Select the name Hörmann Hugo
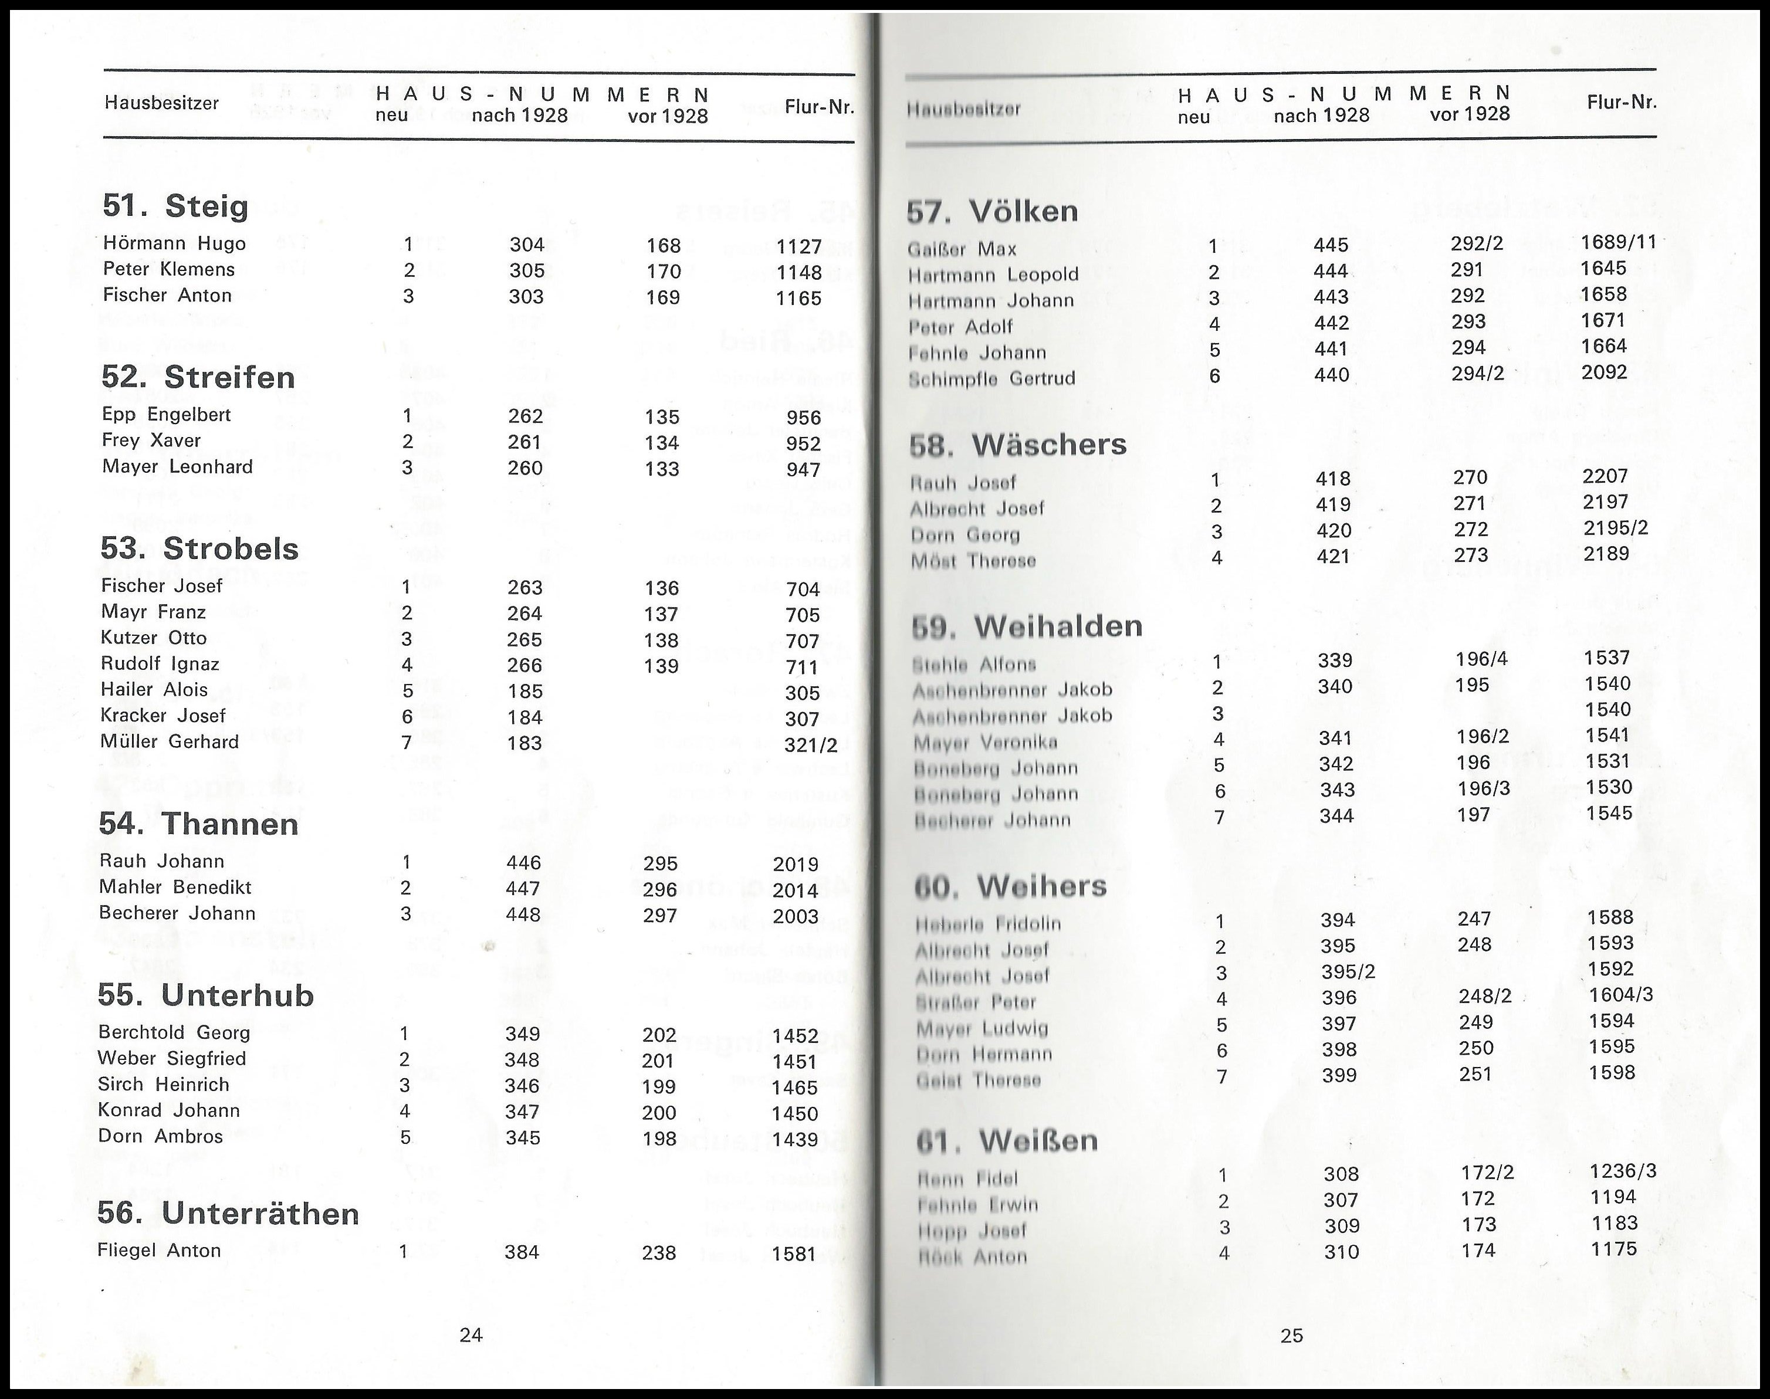click(x=174, y=243)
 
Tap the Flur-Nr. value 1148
click(x=798, y=272)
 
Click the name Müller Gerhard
click(x=170, y=742)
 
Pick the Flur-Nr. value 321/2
click(x=810, y=744)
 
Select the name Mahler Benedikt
click(x=175, y=887)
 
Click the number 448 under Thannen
click(x=523, y=914)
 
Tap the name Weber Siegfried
click(x=172, y=1058)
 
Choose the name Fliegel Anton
click(x=159, y=1251)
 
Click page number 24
click(x=471, y=1335)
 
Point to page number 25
click(x=1292, y=1336)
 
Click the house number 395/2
click(x=1348, y=972)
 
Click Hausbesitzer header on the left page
click(x=161, y=103)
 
